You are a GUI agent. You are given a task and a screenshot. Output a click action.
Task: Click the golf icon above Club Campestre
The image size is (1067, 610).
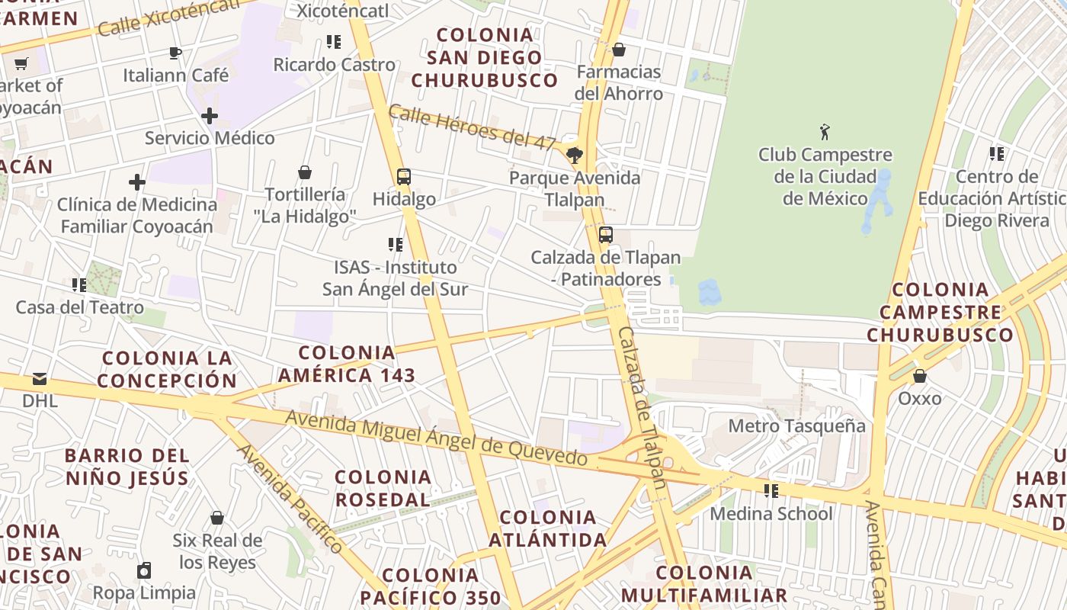[x=824, y=132]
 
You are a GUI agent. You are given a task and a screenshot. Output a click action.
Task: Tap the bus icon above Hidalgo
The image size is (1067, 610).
[x=404, y=177]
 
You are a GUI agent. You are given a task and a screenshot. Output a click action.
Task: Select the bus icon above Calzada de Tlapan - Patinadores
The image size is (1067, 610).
[x=606, y=235]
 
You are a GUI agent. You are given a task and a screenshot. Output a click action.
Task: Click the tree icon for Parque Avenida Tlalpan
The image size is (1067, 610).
[x=575, y=156]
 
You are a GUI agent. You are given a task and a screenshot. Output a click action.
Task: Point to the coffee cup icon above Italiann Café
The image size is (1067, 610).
[x=175, y=53]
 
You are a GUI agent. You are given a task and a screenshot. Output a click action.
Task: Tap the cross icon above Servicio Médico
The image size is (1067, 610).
[x=210, y=116]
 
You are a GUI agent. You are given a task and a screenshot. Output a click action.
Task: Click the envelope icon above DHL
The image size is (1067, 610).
[x=40, y=378]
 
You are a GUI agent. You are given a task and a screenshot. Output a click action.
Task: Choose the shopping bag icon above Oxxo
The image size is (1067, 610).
[x=920, y=376]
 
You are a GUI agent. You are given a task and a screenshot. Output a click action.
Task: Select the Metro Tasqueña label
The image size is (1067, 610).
[x=796, y=425]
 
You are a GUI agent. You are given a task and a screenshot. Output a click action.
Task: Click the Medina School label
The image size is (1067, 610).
[x=771, y=513]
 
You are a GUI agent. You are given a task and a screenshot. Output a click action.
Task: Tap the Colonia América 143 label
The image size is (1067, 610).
[x=347, y=364]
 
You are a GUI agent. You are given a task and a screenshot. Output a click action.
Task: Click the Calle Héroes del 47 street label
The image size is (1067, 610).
[x=472, y=127]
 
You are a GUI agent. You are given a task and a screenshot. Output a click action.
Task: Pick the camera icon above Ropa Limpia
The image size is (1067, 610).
[x=144, y=570]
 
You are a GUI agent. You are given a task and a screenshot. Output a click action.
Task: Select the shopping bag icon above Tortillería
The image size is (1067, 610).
[x=305, y=172]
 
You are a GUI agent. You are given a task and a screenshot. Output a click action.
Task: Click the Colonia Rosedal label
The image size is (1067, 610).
[x=383, y=488]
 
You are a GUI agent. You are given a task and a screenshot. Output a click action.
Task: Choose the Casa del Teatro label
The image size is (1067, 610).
[x=80, y=307]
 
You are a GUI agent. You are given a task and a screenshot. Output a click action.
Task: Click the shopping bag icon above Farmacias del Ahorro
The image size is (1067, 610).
[x=619, y=50]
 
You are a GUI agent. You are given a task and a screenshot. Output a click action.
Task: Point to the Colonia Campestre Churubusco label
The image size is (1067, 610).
[x=940, y=312]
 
